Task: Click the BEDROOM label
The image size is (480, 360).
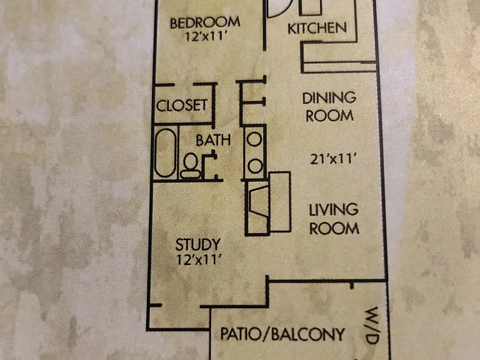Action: [x=205, y=23]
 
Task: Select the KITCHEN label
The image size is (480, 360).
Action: [x=317, y=29]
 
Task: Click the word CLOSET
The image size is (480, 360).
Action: [x=182, y=106]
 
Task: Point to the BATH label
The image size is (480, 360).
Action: [x=213, y=140]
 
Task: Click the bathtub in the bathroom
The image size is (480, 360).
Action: [x=165, y=152]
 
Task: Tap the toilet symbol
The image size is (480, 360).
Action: [x=191, y=166]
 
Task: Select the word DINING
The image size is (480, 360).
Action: [x=329, y=98]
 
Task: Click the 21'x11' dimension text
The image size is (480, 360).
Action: [x=333, y=159]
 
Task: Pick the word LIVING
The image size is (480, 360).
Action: [x=334, y=210]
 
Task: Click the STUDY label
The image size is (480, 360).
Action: [x=197, y=244]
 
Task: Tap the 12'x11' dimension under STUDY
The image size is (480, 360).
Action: [x=199, y=260]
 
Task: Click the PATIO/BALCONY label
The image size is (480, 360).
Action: [x=282, y=334]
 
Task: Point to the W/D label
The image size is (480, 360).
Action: [x=373, y=326]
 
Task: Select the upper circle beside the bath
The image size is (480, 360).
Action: [x=254, y=139]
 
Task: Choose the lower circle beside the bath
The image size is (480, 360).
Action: [x=255, y=166]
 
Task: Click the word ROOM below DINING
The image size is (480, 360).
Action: [x=330, y=116]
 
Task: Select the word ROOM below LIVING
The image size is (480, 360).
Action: [x=334, y=228]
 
